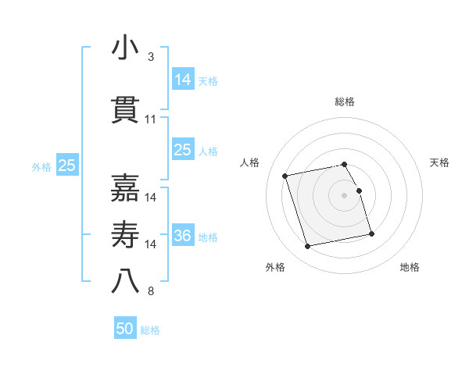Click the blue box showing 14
[x=183, y=80]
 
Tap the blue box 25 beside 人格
[x=183, y=150]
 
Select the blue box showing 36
[x=183, y=237]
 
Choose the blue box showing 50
[x=125, y=329]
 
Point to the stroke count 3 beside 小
[x=151, y=57]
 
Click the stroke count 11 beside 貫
[x=151, y=119]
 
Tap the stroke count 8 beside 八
[x=151, y=292]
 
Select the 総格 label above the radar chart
[x=345, y=102]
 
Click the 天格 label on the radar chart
[x=440, y=162]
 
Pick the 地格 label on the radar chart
[x=410, y=268]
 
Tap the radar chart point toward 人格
[x=285, y=175]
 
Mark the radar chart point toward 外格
[x=308, y=246]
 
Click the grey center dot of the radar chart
[x=345, y=194]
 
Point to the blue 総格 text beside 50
[x=150, y=330]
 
